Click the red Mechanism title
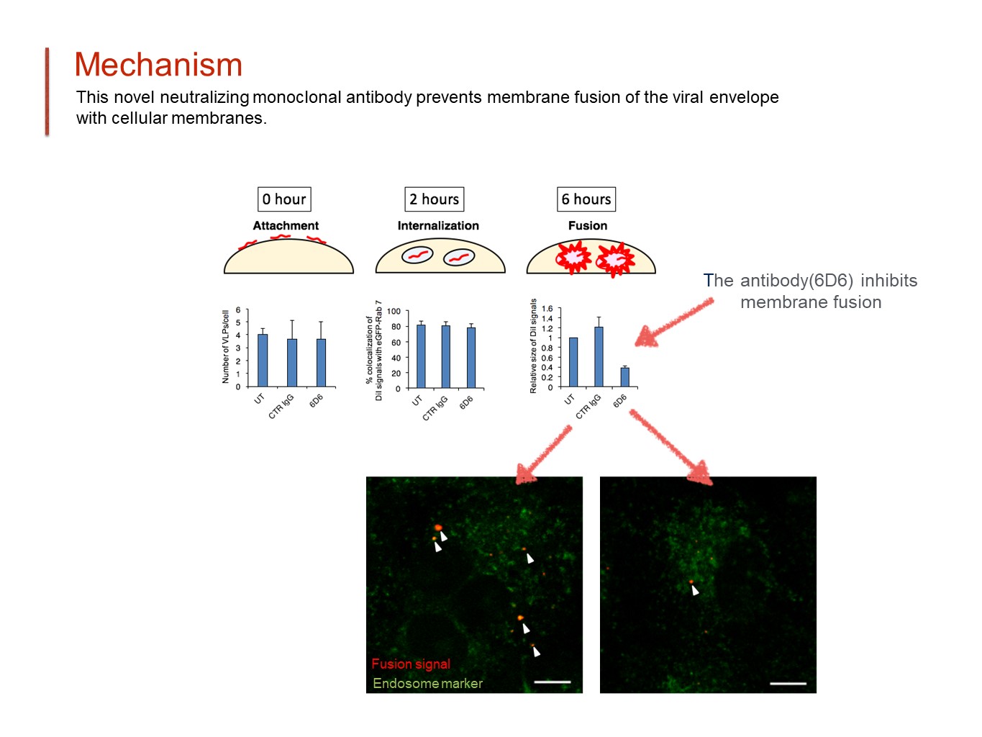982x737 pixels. coord(158,65)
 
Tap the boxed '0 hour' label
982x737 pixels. coord(284,199)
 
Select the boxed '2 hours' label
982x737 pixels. coord(434,199)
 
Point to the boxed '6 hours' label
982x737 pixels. coord(586,199)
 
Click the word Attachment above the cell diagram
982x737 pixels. coord(286,225)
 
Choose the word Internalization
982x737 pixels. coord(438,225)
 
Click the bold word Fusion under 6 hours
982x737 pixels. coord(588,225)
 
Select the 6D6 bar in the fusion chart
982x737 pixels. coord(624,377)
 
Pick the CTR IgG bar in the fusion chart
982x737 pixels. coord(599,357)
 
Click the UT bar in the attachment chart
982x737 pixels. coord(263,360)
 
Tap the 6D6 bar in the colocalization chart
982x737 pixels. coord(471,358)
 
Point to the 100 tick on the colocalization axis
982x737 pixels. coord(394,312)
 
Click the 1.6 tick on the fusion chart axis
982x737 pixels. coord(547,309)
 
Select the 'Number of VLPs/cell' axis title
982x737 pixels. coord(225,347)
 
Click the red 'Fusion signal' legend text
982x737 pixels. coord(411,664)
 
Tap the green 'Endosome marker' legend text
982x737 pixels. coord(428,683)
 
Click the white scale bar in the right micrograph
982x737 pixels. coord(788,683)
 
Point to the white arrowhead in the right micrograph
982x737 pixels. coord(695,591)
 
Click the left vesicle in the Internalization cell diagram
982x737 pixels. coord(417,255)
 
